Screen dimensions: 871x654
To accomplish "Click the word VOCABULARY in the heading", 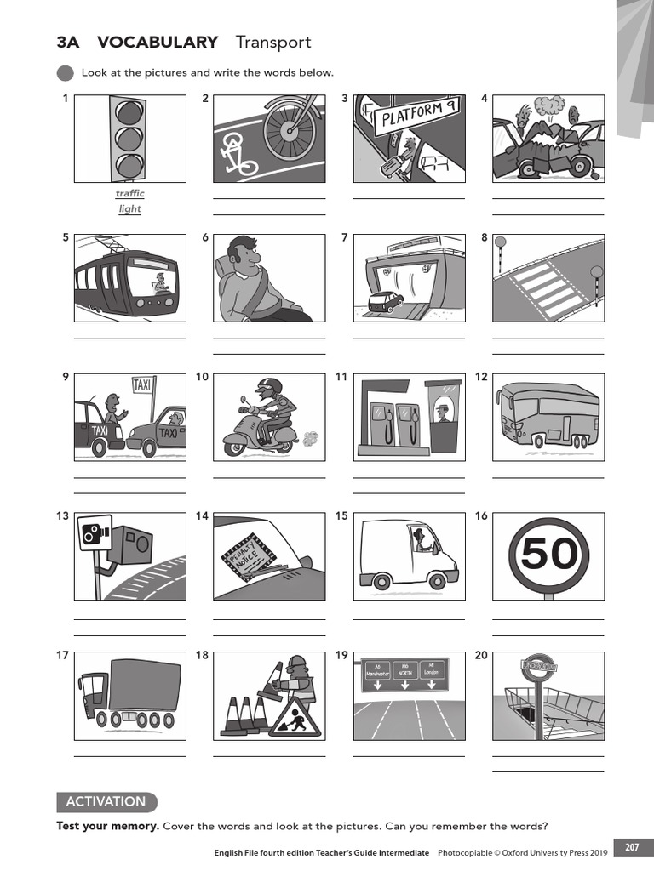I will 158,43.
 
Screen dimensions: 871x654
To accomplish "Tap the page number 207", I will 632,847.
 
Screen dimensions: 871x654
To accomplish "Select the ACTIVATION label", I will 106,802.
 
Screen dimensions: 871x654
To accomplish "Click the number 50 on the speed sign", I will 549,555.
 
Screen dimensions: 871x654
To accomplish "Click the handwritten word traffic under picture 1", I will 130,194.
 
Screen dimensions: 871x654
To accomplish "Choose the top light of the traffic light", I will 129,112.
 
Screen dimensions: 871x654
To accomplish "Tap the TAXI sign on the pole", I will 142,386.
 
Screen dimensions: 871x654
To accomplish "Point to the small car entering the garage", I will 385,301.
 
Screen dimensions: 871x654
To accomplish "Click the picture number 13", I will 62,516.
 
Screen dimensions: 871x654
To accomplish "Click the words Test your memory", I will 107,826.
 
